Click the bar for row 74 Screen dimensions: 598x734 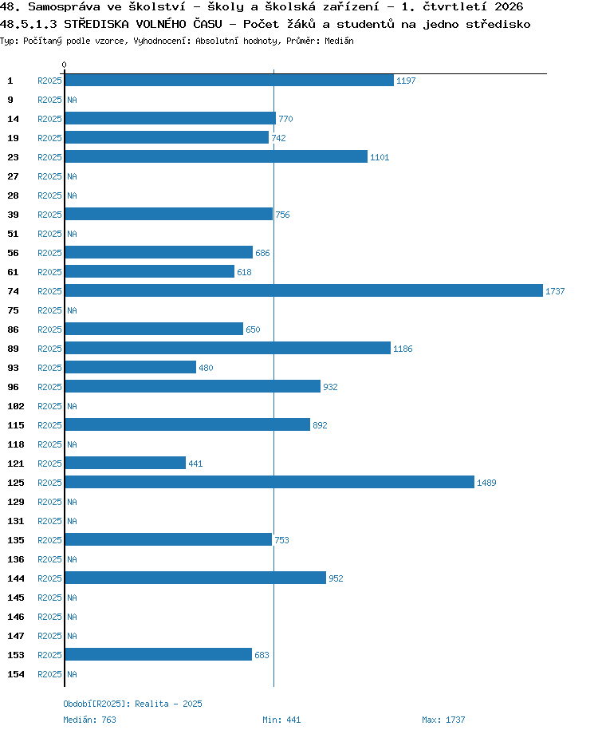pyautogui.click(x=304, y=290)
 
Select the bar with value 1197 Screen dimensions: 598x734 pyautogui.click(x=230, y=80)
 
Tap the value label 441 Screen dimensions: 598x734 pyautogui.click(x=195, y=464)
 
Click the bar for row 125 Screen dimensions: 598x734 pyautogui.click(x=269, y=482)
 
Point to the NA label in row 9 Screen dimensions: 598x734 pyautogui.click(x=72, y=100)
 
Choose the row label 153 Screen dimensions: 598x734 pyautogui.click(x=16, y=655)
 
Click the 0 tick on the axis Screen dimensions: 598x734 pyautogui.click(x=64, y=65)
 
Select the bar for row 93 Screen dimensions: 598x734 pyautogui.click(x=131, y=367)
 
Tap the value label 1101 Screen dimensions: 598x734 pyautogui.click(x=380, y=157)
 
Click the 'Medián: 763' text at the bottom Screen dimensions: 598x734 pyautogui.click(x=89, y=720)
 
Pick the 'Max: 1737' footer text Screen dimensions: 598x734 pyautogui.click(x=443, y=720)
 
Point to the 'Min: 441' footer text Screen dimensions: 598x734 pyautogui.click(x=281, y=720)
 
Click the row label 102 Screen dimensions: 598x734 pyautogui.click(x=16, y=406)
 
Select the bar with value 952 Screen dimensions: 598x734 pyautogui.click(x=195, y=578)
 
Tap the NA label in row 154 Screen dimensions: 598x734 pyautogui.click(x=72, y=674)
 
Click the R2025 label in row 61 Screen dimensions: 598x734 pyautogui.click(x=49, y=272)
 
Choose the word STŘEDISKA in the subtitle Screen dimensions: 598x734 pyautogui.click(x=96, y=24)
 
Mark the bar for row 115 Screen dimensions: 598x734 pyautogui.click(x=187, y=424)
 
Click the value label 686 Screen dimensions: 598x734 pyautogui.click(x=262, y=253)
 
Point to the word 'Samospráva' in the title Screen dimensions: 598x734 pyautogui.click(x=64, y=6)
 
